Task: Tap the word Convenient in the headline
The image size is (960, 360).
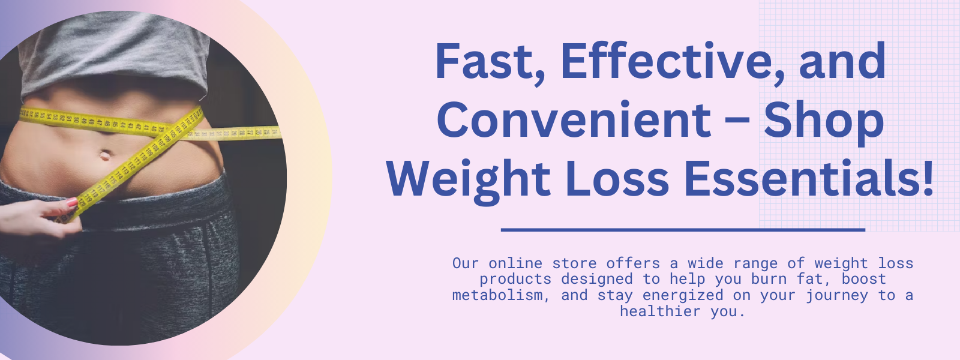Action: point(574,119)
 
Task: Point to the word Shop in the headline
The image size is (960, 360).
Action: point(824,122)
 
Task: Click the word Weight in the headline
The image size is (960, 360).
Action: point(469,180)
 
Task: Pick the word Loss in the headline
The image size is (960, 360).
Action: point(617,179)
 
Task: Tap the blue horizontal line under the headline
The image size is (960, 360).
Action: point(683,230)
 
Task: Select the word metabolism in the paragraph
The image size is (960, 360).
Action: point(497,295)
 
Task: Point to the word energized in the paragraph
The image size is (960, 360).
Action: point(683,296)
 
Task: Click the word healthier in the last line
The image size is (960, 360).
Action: point(660,311)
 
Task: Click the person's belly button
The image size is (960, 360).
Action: point(104,154)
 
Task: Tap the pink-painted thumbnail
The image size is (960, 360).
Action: point(71,202)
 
